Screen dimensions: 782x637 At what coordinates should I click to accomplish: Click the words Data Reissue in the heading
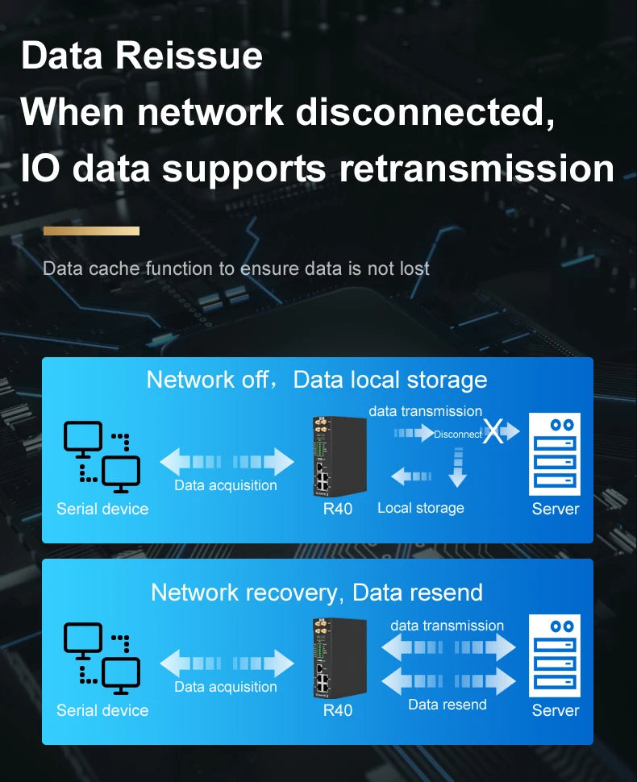tap(142, 56)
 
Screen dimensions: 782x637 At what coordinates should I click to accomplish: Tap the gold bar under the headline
tap(91, 231)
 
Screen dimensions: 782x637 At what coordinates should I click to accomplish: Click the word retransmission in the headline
tap(477, 168)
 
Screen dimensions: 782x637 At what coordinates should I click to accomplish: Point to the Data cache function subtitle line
tap(236, 268)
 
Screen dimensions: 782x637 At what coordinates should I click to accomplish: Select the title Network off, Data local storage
tap(317, 380)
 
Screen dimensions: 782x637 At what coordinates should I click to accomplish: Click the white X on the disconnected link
tap(493, 433)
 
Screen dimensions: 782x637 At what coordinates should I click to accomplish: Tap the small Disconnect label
tap(457, 434)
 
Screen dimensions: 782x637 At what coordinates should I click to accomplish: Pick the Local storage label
tap(420, 508)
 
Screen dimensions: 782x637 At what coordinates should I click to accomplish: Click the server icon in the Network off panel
tap(555, 454)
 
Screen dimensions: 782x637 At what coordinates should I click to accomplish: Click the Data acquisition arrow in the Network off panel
tap(227, 462)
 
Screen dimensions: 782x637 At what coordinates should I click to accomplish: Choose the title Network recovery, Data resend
tap(317, 593)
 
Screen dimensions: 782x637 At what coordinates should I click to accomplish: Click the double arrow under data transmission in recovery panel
tap(448, 647)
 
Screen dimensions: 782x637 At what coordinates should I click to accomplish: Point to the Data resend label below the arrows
tap(448, 705)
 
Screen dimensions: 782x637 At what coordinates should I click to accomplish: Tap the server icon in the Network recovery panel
tap(555, 655)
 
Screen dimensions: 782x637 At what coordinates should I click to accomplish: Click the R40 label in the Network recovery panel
tap(338, 710)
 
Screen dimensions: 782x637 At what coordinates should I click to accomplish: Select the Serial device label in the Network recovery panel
tap(102, 710)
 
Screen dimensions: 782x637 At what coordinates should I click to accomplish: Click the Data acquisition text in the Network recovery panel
tap(226, 687)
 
